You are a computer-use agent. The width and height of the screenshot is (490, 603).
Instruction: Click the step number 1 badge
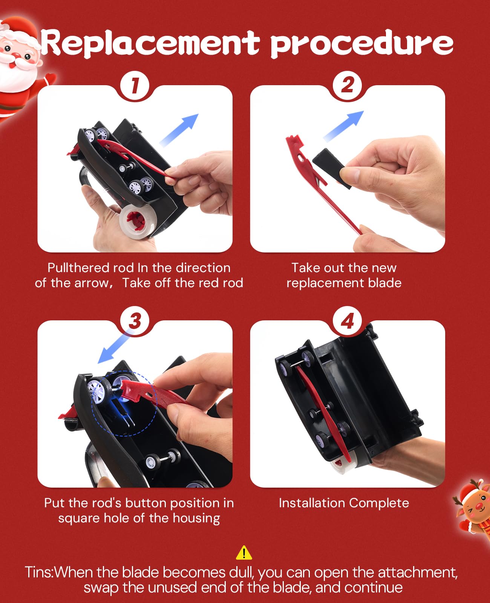click(x=135, y=86)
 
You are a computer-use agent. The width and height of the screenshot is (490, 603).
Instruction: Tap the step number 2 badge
click(x=347, y=86)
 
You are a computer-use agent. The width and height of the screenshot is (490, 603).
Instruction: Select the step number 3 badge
click(x=135, y=321)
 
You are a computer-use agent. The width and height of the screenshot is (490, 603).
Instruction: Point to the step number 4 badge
click(x=347, y=321)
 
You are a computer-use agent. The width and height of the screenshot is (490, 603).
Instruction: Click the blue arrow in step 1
click(x=179, y=130)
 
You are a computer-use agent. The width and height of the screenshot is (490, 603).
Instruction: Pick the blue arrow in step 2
click(x=343, y=126)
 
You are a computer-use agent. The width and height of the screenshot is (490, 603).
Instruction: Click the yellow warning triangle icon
click(x=244, y=552)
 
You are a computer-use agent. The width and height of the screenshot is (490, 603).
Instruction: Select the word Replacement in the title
click(x=150, y=43)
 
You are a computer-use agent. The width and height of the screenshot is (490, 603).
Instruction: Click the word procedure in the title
click(x=361, y=44)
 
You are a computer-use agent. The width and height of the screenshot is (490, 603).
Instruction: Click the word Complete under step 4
click(x=379, y=503)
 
